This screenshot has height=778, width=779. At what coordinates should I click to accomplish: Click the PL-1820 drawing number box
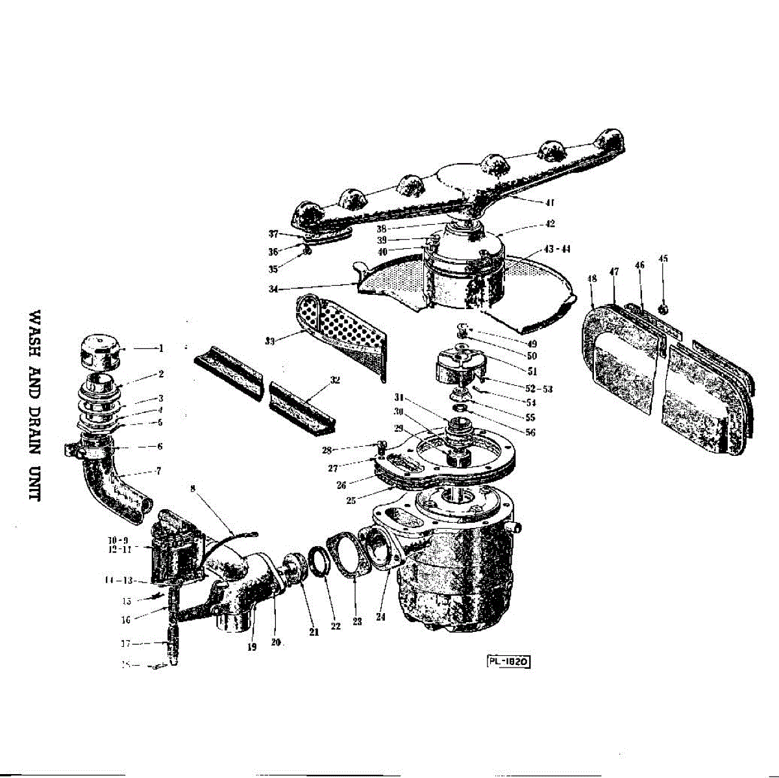pos(509,662)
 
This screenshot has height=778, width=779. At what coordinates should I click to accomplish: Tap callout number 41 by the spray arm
pos(549,202)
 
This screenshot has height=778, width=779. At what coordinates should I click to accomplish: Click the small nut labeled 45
pos(663,307)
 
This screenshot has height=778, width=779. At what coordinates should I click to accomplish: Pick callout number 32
pos(335,380)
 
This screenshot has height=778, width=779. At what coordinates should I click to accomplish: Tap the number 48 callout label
pos(592,279)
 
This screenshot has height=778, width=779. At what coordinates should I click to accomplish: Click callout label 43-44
pos(557,249)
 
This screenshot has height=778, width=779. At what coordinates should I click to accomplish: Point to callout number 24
pos(380,617)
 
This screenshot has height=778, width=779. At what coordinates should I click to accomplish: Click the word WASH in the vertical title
pos(35,330)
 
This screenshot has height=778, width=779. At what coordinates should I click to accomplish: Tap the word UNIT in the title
pos(35,483)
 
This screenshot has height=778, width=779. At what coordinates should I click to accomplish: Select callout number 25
pos(352,501)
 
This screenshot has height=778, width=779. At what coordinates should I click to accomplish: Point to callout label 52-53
pos(539,389)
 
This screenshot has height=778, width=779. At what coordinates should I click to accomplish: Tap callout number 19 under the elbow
pos(252,647)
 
